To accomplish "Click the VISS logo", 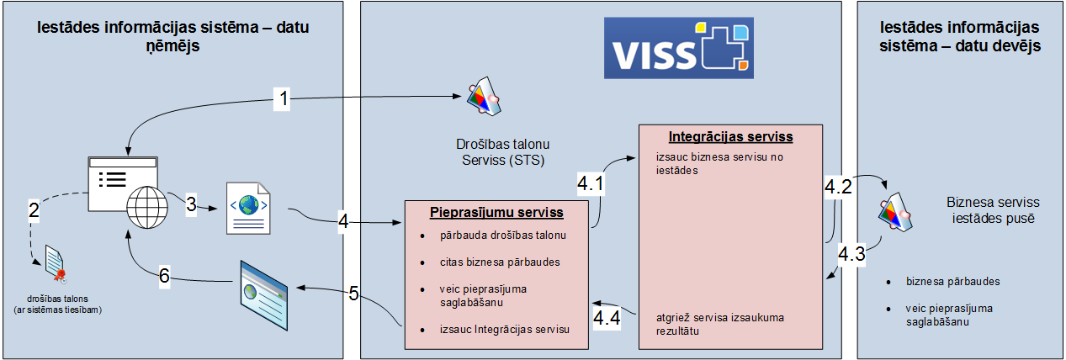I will tap(680, 48).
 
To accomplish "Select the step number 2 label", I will tap(34, 209).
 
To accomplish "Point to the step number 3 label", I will tap(191, 204).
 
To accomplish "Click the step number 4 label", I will tap(343, 222).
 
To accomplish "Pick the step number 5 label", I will tap(353, 293).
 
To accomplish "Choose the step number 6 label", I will tap(165, 274).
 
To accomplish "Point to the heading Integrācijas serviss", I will tap(730, 135).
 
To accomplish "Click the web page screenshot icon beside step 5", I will tap(264, 285).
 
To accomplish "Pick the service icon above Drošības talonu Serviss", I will tap(485, 98).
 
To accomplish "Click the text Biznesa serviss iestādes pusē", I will tap(993, 210).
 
